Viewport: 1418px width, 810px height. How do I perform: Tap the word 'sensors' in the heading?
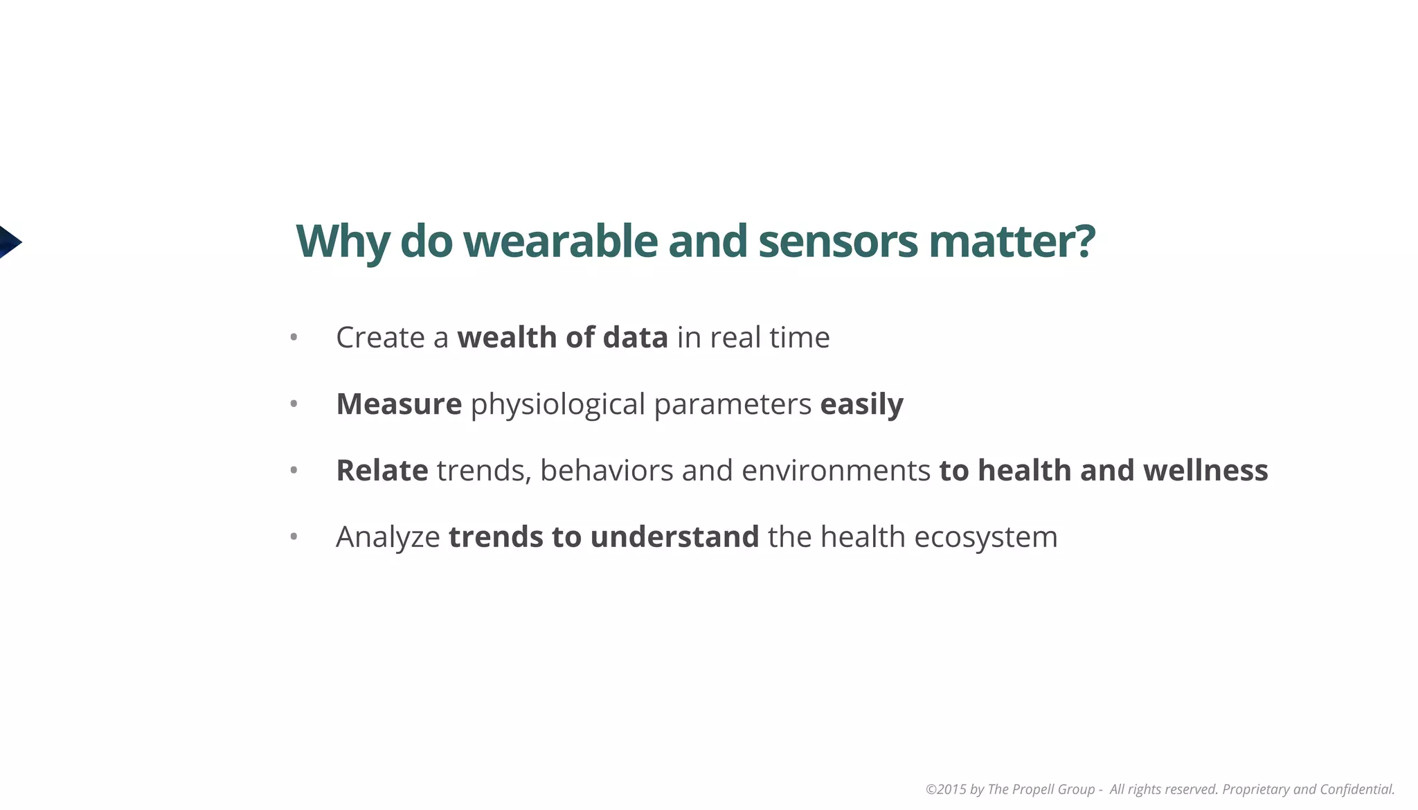(838, 241)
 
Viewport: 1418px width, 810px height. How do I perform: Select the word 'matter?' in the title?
(1012, 241)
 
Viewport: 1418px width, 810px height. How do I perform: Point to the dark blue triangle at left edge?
(9, 242)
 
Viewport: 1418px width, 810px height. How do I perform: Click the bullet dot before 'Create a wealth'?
(294, 337)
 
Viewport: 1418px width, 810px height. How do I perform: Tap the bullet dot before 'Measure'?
(294, 404)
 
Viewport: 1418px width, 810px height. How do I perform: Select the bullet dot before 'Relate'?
(294, 470)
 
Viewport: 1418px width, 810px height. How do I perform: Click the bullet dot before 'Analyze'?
(294, 537)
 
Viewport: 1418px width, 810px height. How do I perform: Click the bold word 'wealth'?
(507, 337)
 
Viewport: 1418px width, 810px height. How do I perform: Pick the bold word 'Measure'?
(399, 404)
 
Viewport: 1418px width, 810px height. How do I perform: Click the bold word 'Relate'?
(382, 470)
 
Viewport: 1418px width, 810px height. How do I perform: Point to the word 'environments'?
(836, 470)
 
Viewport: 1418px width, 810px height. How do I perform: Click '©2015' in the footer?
(946, 789)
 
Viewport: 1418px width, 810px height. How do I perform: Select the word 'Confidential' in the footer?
(1357, 789)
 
